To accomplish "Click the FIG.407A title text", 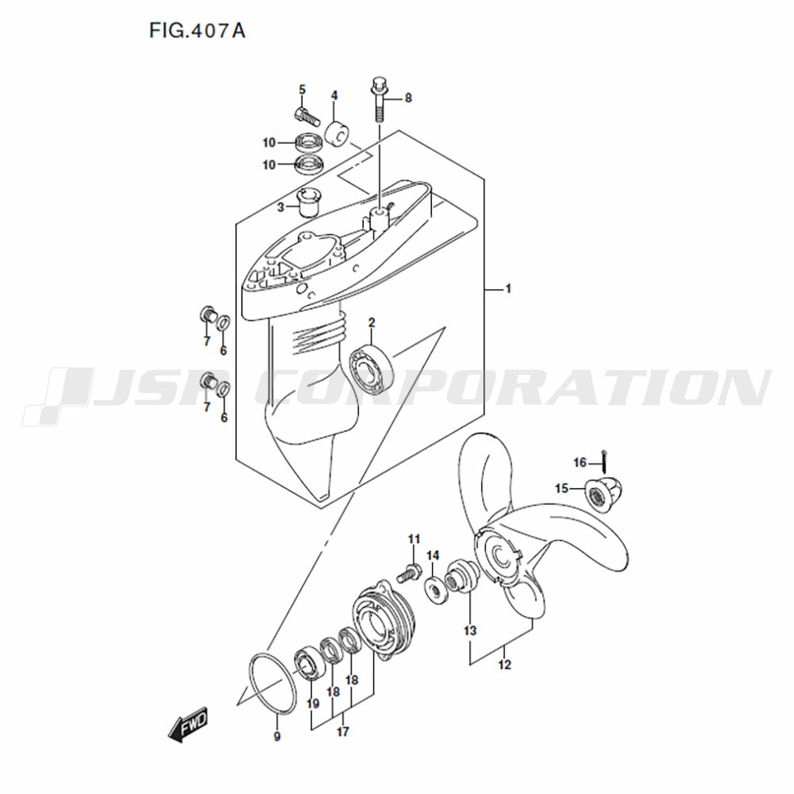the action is coord(196,31).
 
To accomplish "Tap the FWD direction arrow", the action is coord(188,723).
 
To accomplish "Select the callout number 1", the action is coord(508,289).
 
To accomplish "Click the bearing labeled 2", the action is coord(372,367).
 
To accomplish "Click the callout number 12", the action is coord(504,664).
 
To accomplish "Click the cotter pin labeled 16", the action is coord(604,461).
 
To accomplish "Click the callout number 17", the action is coord(343,731).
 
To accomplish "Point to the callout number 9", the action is coord(277,736).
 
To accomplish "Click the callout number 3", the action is coord(280,207).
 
